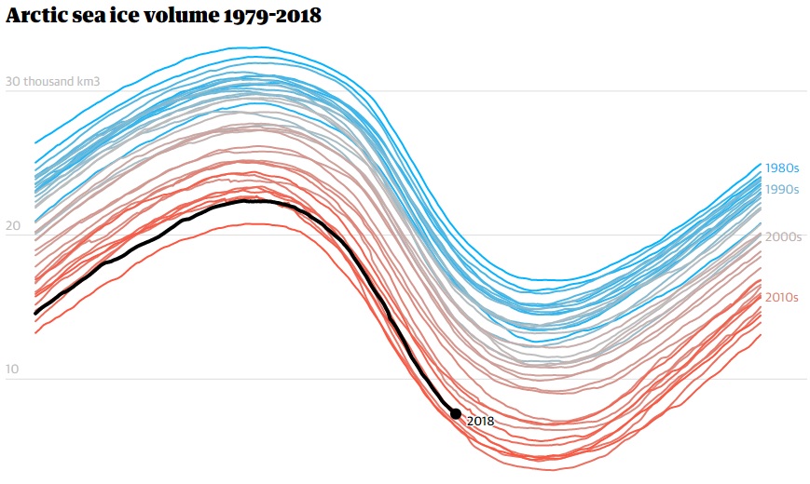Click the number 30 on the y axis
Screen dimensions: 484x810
click(13, 82)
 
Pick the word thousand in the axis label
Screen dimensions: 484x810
click(49, 82)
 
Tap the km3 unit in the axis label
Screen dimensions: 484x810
click(88, 82)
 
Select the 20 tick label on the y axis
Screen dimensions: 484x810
click(13, 226)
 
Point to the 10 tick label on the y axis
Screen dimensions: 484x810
click(13, 370)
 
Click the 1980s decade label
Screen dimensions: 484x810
click(782, 168)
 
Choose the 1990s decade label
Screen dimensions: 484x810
click(782, 189)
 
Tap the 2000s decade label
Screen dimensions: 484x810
click(783, 236)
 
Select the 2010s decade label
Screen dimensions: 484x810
click(782, 297)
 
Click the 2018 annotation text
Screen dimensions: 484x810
click(480, 421)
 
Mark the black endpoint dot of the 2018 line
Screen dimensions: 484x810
click(456, 413)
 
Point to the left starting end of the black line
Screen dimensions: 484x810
click(35, 313)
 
